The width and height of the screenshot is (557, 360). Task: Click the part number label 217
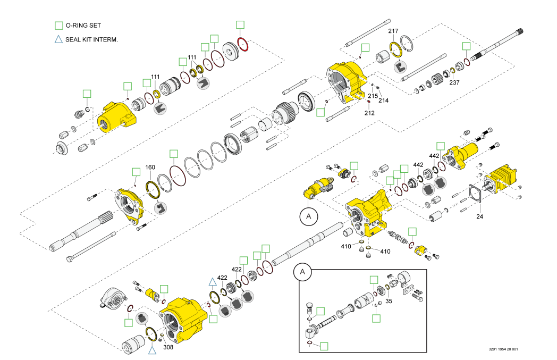pos(393,31)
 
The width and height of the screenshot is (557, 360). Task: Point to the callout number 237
pos(454,82)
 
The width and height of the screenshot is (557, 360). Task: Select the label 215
pos(373,96)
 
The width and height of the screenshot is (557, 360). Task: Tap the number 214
pos(383,100)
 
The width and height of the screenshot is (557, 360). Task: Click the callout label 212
pos(370,112)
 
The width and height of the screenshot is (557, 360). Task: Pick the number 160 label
pos(150,167)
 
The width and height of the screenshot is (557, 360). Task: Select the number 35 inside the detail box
pos(389,300)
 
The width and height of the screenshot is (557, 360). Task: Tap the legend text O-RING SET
pos(83,25)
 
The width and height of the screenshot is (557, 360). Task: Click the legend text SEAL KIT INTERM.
pos(91,39)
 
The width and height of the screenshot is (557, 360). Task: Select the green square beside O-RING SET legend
pos(59,25)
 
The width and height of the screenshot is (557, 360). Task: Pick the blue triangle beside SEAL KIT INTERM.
pos(59,39)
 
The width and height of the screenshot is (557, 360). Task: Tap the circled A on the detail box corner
pos(303,271)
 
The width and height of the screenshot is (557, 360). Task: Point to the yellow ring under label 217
pos(395,49)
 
